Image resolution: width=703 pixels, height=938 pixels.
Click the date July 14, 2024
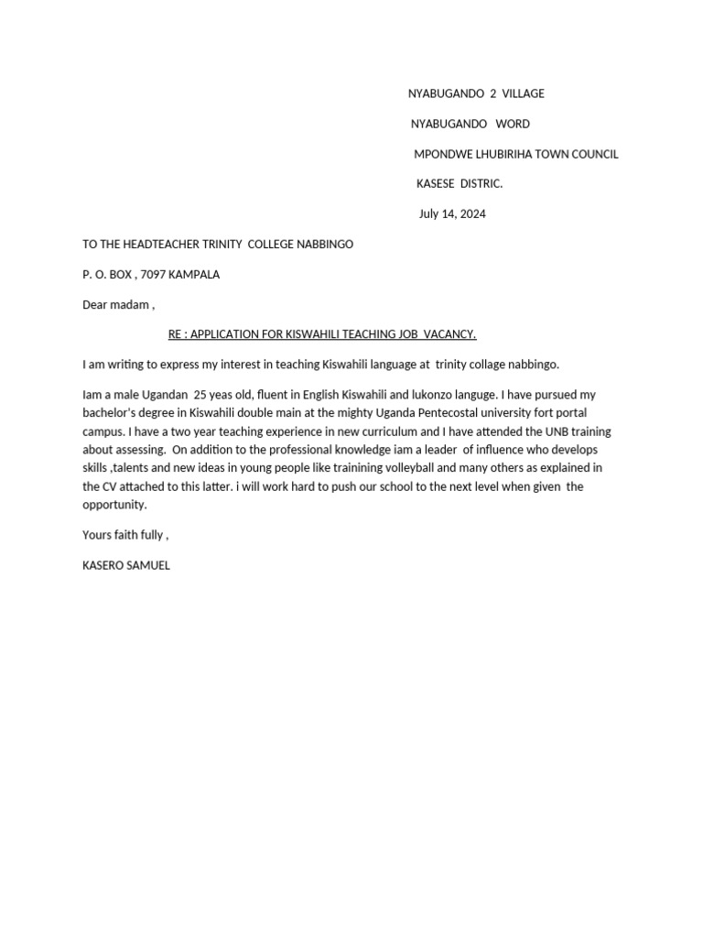(x=452, y=214)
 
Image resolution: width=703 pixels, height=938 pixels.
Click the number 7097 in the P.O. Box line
(x=153, y=275)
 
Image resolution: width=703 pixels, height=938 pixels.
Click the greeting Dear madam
(x=116, y=305)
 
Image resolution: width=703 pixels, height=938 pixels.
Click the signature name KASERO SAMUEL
(x=125, y=565)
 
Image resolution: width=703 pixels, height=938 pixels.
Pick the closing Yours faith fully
(x=124, y=535)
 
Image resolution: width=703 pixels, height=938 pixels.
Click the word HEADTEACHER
(x=157, y=245)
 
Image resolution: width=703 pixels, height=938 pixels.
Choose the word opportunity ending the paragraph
(x=114, y=505)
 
